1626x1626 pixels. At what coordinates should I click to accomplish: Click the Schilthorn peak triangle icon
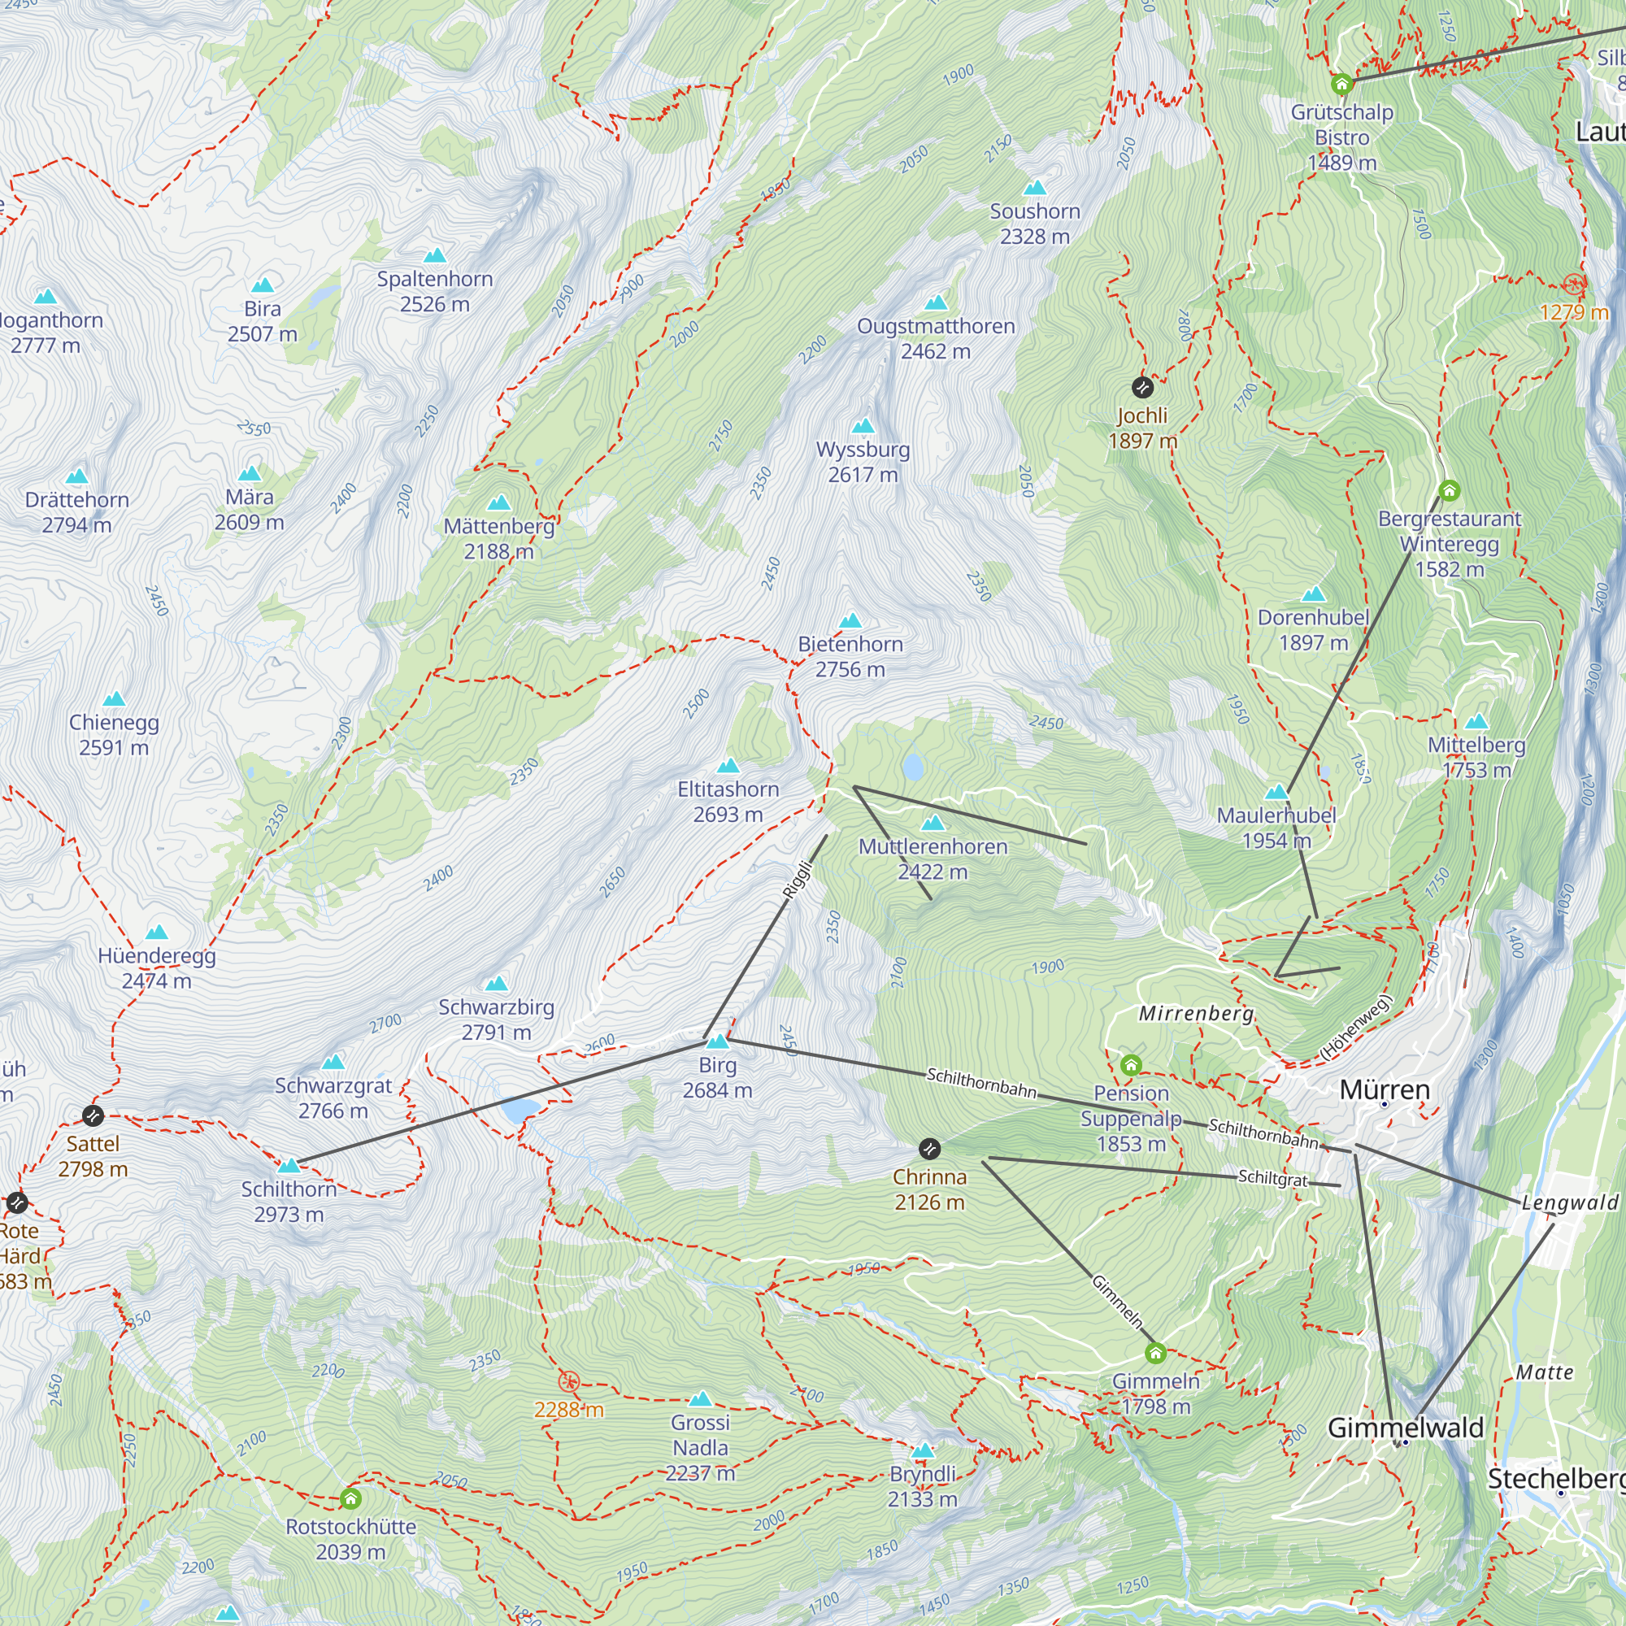[289, 1166]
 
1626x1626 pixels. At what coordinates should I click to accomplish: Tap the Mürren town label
[1385, 1090]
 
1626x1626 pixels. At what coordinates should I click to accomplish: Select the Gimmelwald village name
[1406, 1428]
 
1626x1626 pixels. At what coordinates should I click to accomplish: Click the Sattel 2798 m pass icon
[93, 1116]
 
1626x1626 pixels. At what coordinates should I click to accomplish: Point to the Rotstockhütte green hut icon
[351, 1499]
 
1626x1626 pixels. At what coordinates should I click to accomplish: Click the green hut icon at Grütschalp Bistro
[1341, 85]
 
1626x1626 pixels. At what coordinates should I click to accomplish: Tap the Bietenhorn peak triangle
[850, 621]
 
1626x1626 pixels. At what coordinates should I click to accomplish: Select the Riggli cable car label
[797, 880]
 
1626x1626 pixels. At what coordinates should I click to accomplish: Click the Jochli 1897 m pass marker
[1142, 387]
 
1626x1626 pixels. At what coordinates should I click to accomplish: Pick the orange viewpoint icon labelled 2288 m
[570, 1382]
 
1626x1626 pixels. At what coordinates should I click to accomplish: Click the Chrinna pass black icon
[929, 1149]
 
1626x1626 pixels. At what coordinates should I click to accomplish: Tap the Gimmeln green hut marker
[1155, 1354]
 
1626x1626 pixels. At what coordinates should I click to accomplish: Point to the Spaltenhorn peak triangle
[434, 255]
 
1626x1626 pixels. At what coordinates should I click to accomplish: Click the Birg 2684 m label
[717, 1077]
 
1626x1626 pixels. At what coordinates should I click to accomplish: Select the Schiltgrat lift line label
[1272, 1177]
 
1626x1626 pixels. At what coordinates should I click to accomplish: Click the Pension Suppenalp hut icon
[1131, 1066]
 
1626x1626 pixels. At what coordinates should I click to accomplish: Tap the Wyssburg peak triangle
[863, 426]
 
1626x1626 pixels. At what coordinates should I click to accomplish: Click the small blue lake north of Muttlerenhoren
[912, 767]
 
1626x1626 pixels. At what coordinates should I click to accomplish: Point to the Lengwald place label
[1570, 1202]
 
